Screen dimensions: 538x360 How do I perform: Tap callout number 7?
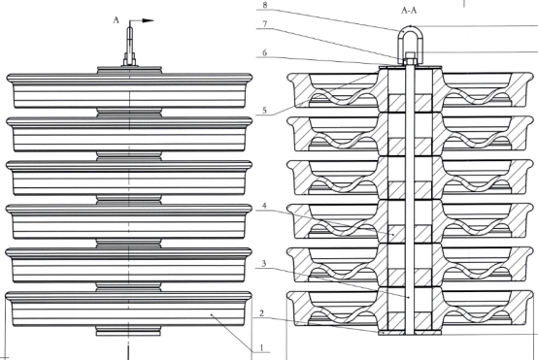(x=264, y=24)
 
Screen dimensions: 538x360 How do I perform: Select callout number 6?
(x=264, y=52)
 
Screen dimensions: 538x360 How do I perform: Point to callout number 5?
(x=264, y=111)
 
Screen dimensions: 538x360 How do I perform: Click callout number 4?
(x=264, y=206)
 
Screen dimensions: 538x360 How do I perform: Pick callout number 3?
(x=264, y=263)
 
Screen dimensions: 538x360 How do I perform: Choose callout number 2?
(x=262, y=313)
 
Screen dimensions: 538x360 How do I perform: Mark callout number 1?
(x=262, y=347)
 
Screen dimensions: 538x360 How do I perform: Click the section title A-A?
(x=409, y=11)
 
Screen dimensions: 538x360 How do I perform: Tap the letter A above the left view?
(x=116, y=20)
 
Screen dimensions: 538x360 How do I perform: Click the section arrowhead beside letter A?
(x=148, y=20)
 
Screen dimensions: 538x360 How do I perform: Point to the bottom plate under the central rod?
(x=410, y=333)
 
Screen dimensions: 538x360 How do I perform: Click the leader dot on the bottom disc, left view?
(x=212, y=314)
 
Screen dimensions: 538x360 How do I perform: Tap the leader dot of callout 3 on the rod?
(x=409, y=298)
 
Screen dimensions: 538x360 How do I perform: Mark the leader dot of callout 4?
(x=393, y=234)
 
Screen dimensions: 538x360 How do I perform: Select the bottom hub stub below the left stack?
(x=128, y=331)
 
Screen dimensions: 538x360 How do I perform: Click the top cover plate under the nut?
(x=410, y=66)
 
